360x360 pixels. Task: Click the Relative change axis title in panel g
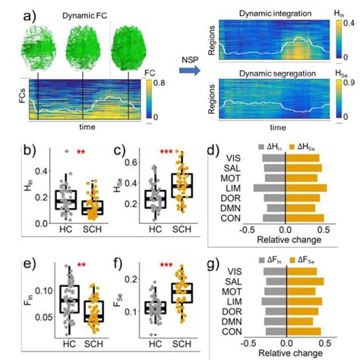click(x=288, y=353)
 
